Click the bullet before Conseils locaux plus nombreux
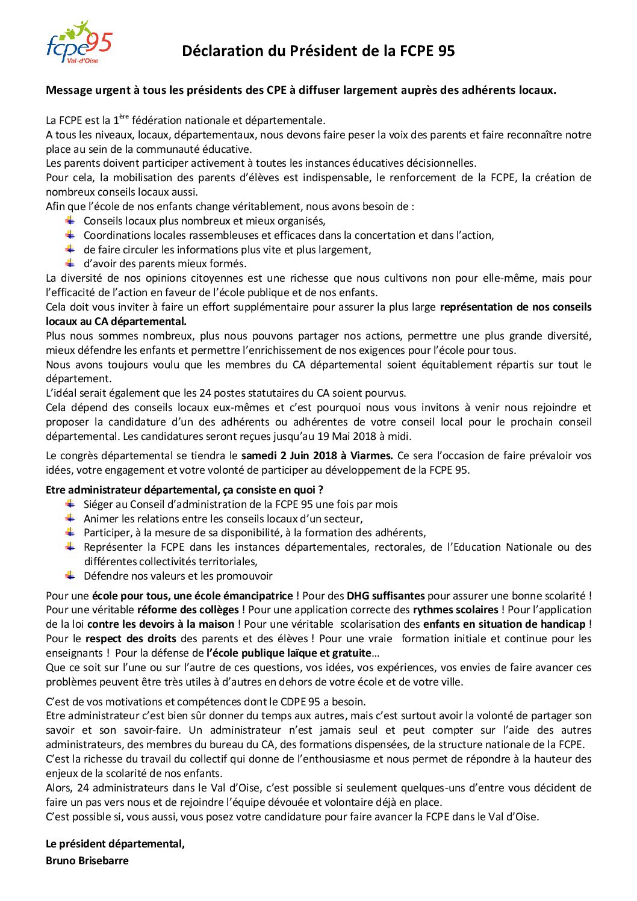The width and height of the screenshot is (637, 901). [70, 220]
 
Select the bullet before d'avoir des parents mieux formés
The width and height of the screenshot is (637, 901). [70, 263]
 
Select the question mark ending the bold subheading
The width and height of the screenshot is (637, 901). [320, 490]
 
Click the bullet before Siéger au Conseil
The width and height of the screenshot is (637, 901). [70, 504]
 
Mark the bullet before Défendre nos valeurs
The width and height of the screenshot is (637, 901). [70, 575]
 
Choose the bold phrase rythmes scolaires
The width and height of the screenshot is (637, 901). [455, 610]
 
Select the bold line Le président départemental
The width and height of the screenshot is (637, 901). [115, 844]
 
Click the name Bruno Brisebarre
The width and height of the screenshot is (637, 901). [87, 861]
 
